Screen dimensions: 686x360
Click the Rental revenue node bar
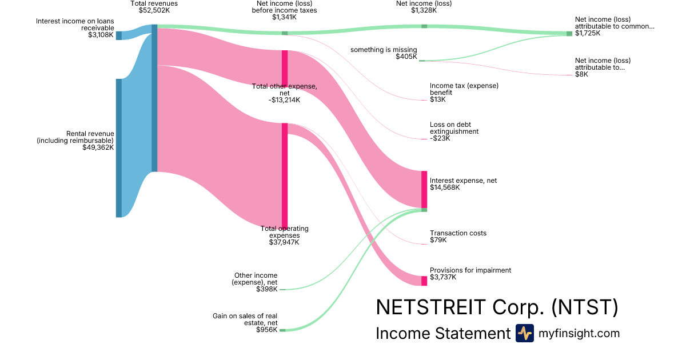(x=119, y=148)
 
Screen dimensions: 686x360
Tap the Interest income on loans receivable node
(x=119, y=35)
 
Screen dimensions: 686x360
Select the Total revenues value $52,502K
(x=154, y=10)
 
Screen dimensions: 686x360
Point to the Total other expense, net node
(x=284, y=69)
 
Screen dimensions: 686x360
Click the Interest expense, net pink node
(x=424, y=189)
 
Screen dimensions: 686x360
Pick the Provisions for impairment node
(x=424, y=281)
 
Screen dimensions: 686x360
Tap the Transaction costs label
(x=458, y=233)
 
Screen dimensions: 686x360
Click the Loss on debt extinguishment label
(x=454, y=128)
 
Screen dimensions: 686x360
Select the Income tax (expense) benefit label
(x=464, y=89)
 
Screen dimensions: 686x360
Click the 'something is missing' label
(x=384, y=50)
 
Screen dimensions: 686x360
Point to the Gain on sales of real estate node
(x=282, y=330)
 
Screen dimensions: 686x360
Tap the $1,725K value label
(x=587, y=34)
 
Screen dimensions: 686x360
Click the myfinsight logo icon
(x=524, y=333)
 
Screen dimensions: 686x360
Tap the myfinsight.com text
(x=579, y=333)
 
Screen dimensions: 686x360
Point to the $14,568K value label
(x=445, y=188)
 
